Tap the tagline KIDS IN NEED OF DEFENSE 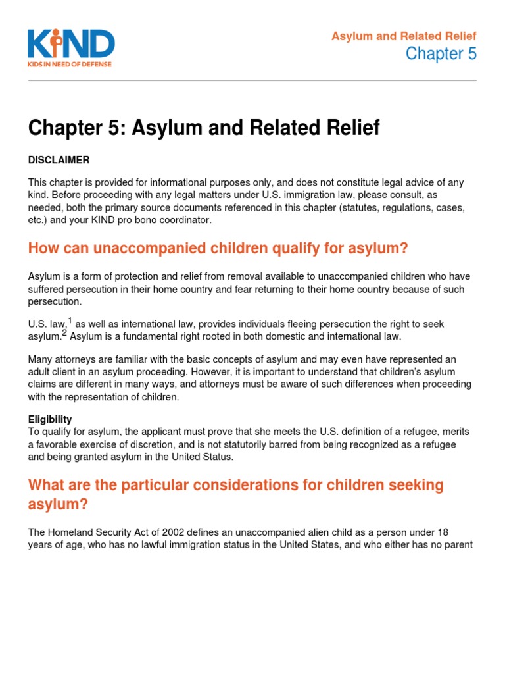pos(70,64)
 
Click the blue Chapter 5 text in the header pos(441,54)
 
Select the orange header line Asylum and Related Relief pos(404,36)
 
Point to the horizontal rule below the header pos(252,81)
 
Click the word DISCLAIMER pos(59,160)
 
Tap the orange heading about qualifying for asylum pos(218,248)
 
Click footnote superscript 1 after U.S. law pos(70,321)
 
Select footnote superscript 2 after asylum pos(64,333)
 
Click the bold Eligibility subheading pos(50,419)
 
